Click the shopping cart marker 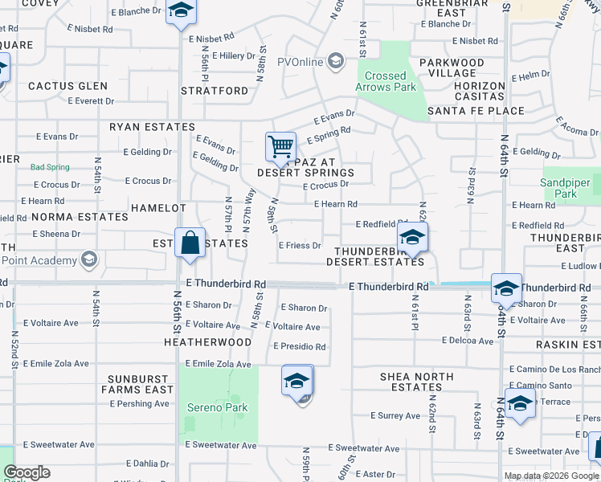280,147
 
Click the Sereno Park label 219,407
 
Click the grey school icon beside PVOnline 335,61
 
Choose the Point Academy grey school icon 88,259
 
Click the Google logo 27,472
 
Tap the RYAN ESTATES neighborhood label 153,127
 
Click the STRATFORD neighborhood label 215,91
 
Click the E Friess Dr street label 300,246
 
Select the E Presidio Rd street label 299,347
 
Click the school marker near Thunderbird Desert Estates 412,238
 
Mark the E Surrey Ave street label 395,416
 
